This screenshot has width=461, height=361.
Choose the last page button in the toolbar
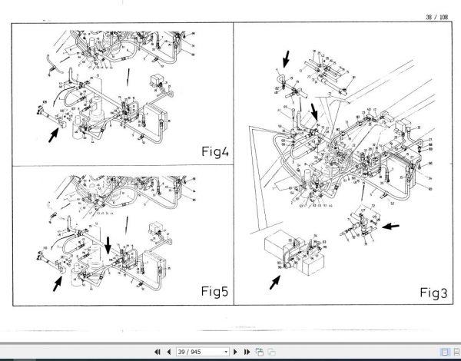(x=245, y=351)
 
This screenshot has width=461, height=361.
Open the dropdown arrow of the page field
(x=225, y=351)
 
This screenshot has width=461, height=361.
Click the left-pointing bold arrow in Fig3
(x=390, y=225)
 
